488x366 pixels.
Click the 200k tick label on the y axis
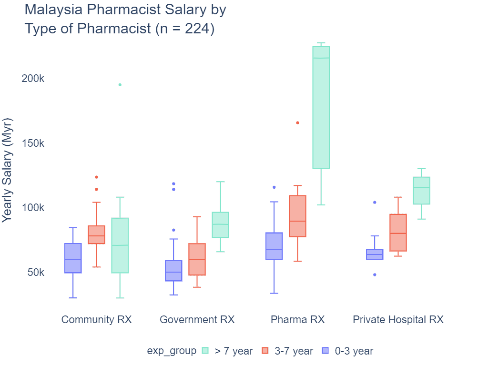(x=33, y=79)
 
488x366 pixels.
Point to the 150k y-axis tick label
(x=33, y=143)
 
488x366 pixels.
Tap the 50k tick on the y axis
(x=35, y=273)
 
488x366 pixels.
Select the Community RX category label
(x=96, y=319)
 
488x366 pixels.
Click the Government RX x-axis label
(x=197, y=319)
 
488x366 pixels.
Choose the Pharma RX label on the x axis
(x=297, y=319)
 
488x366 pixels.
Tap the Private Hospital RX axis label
(x=398, y=319)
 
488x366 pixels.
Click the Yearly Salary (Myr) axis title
(x=7, y=169)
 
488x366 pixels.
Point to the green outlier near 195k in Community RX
(x=120, y=85)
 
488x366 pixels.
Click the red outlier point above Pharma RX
(x=297, y=123)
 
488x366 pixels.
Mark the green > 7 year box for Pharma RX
(x=321, y=107)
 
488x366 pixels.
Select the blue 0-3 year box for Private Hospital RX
(x=375, y=254)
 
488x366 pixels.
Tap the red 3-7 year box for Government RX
(x=197, y=259)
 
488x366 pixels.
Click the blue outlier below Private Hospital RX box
(x=375, y=275)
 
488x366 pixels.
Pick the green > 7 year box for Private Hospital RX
(x=421, y=191)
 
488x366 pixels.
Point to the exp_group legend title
(x=172, y=351)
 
